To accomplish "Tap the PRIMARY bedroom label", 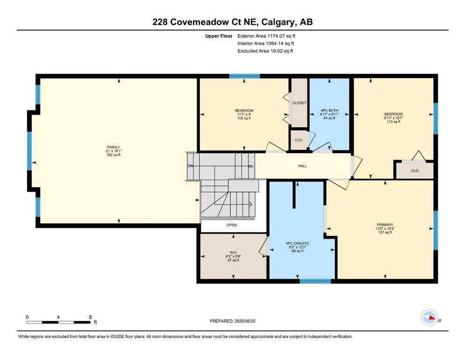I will tap(384, 225).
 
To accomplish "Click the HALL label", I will tap(303, 166).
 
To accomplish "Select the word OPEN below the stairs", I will tap(232, 225).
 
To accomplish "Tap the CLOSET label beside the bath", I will tap(299, 103).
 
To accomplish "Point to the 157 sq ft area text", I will tap(384, 232).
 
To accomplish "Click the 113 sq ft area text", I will tap(393, 121).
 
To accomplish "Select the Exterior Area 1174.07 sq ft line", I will tap(266, 36).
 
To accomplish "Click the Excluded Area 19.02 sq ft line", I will tap(265, 51).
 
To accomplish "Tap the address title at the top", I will tap(232, 22).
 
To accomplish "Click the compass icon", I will tap(428, 317).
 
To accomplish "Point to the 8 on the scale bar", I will tap(89, 317).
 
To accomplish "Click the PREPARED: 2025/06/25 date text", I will tap(232, 321).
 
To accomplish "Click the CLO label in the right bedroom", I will tap(414, 171).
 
